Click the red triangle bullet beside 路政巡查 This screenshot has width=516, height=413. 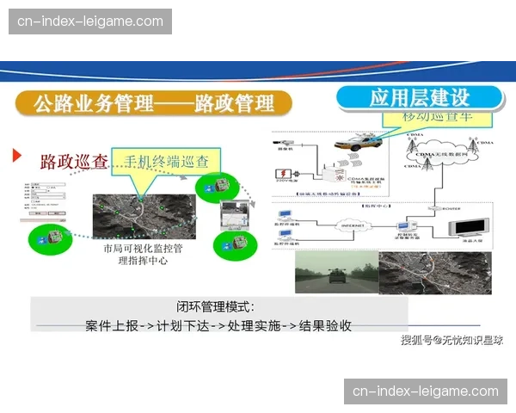coord(16,156)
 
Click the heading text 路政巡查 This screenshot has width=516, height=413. coord(74,162)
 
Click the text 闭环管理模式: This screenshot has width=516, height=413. coord(215,306)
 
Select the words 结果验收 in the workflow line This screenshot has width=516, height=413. coord(323,326)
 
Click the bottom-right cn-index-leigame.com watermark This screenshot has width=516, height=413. coord(426,391)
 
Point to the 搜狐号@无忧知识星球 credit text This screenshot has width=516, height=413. coord(452,341)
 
